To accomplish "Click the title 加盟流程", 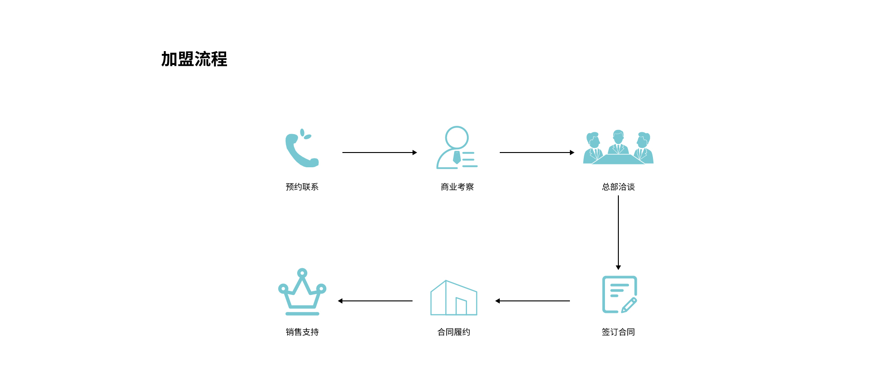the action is click(x=194, y=59).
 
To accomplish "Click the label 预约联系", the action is click(x=302, y=187).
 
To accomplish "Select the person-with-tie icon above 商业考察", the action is click(x=457, y=147).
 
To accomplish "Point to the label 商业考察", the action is click(x=457, y=187).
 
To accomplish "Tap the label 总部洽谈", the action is click(x=618, y=187).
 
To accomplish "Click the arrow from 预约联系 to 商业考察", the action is click(x=380, y=153).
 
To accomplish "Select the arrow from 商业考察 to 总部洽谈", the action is click(x=537, y=153).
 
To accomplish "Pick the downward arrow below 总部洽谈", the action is click(x=618, y=233).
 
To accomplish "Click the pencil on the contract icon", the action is click(x=629, y=306).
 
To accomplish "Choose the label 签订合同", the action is click(x=618, y=332).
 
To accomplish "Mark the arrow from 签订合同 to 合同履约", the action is click(x=533, y=301).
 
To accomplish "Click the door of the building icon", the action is click(x=461, y=306).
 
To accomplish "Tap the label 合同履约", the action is click(x=454, y=332).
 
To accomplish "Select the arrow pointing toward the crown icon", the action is click(x=375, y=301).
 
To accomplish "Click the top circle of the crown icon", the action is click(x=302, y=273).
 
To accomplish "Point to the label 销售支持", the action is click(x=302, y=332).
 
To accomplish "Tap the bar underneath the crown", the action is click(x=302, y=314).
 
